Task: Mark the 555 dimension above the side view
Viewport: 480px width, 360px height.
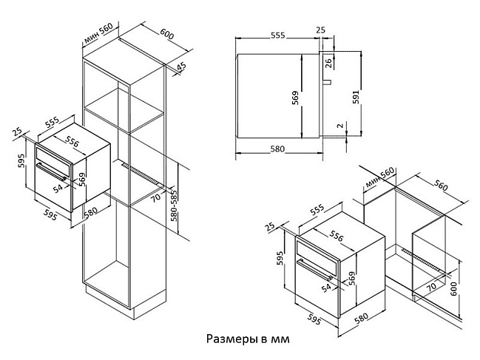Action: [x=277, y=35]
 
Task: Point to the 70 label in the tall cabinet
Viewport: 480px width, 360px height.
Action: [x=155, y=198]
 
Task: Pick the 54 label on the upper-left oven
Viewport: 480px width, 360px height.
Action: [x=58, y=189]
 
